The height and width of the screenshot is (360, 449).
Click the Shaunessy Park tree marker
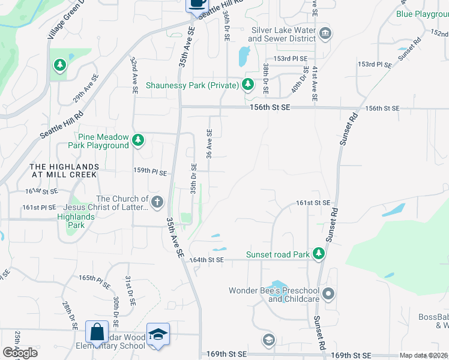[x=248, y=85]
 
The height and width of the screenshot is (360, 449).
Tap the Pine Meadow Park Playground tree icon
[x=139, y=140]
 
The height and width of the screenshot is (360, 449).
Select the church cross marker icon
[x=157, y=202]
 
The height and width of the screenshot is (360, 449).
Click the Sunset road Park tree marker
[x=319, y=254]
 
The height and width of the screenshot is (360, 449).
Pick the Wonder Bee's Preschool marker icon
[x=328, y=294]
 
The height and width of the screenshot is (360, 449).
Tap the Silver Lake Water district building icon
[x=325, y=32]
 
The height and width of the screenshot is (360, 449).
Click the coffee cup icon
[x=196, y=3]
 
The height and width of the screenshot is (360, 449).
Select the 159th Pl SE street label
[x=149, y=172]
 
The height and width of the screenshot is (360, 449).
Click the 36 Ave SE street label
[x=209, y=144]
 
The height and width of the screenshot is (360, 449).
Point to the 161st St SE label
[x=313, y=203]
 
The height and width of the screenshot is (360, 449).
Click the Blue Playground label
[x=423, y=14]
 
